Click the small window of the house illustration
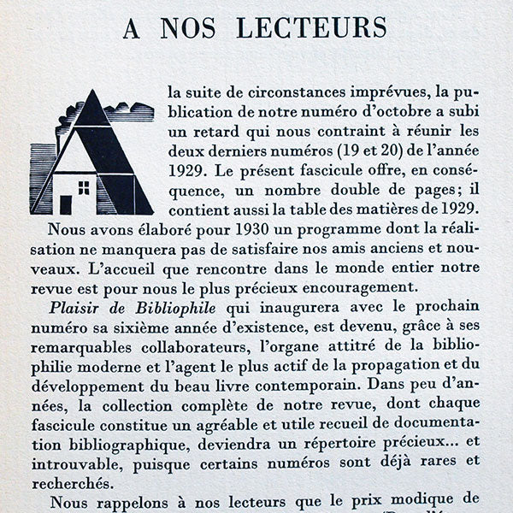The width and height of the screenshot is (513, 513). click(x=83, y=186)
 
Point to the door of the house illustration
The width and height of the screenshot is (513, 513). click(x=65, y=204)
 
